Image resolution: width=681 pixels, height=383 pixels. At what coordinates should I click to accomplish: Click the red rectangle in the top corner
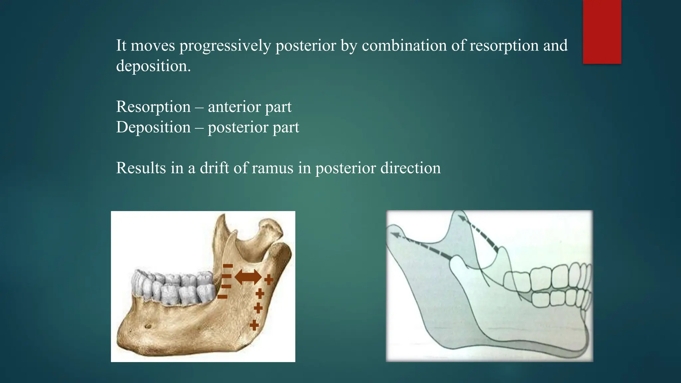pyautogui.click(x=602, y=32)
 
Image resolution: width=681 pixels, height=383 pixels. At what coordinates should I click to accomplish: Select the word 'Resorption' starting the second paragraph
pyautogui.click(x=153, y=107)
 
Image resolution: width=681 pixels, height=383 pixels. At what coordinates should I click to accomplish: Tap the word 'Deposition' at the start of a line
pyautogui.click(x=153, y=127)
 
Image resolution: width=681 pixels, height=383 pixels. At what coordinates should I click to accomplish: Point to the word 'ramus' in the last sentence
pyautogui.click(x=272, y=168)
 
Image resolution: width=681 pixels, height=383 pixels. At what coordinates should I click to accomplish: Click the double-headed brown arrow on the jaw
pyautogui.click(x=248, y=277)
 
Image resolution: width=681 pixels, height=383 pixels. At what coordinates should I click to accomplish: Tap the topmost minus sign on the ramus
pyautogui.click(x=228, y=266)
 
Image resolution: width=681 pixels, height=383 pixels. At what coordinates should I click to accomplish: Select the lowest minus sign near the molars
pyautogui.click(x=222, y=297)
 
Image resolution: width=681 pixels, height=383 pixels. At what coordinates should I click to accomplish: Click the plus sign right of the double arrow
pyautogui.click(x=269, y=280)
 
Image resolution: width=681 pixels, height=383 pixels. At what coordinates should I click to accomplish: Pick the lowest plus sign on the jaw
pyautogui.click(x=254, y=324)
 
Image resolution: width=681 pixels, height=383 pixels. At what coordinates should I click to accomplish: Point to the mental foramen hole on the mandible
pyautogui.click(x=148, y=326)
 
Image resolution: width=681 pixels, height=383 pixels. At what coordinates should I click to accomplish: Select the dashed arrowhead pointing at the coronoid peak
pyautogui.click(x=462, y=218)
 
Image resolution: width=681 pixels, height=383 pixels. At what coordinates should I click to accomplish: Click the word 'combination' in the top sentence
pyautogui.click(x=404, y=46)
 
